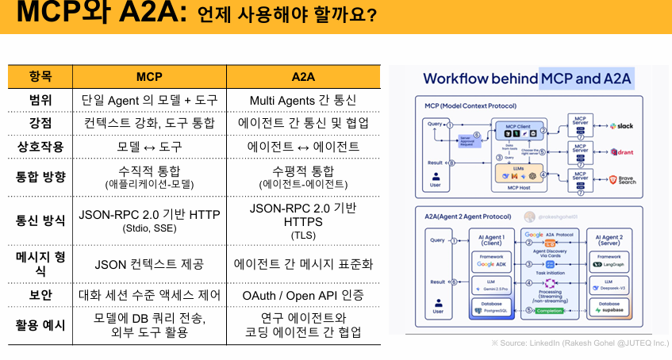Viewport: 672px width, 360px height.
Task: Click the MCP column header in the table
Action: [x=149, y=77]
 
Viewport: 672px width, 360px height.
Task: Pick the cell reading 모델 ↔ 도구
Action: [x=149, y=147]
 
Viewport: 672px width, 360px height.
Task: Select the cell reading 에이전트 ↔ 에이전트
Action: [x=303, y=147]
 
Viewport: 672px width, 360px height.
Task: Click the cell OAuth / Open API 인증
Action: [x=303, y=295]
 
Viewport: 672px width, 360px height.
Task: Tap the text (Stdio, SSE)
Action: [x=149, y=228]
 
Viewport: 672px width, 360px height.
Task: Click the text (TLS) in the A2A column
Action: [x=303, y=236]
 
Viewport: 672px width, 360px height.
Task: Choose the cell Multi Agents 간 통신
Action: [x=303, y=101]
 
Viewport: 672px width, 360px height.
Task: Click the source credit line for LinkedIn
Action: [x=579, y=343]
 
